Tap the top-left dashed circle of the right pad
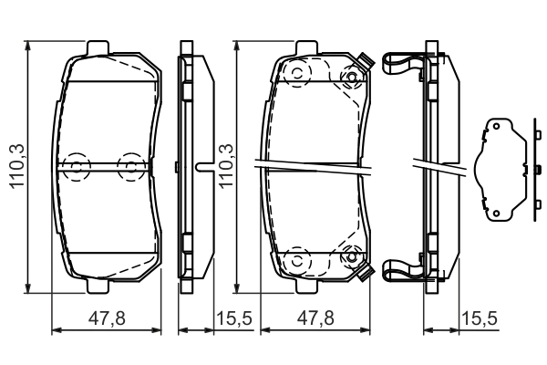(x=295, y=76)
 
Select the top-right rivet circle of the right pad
(x=348, y=76)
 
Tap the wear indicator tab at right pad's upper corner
(x=366, y=62)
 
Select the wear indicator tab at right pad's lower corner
(x=366, y=273)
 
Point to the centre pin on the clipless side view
(x=203, y=166)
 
